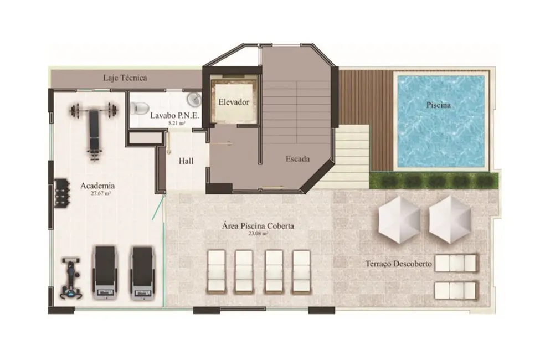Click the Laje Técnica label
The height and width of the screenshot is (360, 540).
pyautogui.click(x=125, y=78)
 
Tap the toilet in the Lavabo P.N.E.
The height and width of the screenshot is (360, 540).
pyautogui.click(x=138, y=107)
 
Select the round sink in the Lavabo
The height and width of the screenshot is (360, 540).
pyautogui.click(x=194, y=99)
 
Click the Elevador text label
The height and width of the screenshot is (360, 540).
pyautogui.click(x=233, y=102)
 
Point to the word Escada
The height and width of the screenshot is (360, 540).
pyautogui.click(x=297, y=159)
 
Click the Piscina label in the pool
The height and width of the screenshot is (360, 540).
pyautogui.click(x=438, y=105)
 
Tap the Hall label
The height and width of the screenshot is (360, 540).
pyautogui.click(x=186, y=161)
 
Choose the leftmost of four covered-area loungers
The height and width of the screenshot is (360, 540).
pyautogui.click(x=216, y=270)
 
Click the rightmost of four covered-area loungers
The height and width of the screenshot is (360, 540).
pyautogui.click(x=301, y=270)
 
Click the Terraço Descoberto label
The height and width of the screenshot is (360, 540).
pyautogui.click(x=398, y=264)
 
